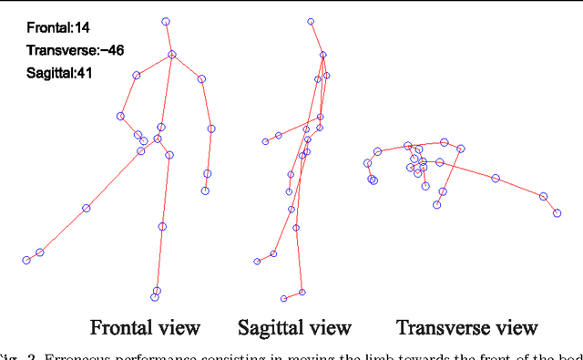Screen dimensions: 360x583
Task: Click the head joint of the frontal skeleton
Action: [x=166, y=21]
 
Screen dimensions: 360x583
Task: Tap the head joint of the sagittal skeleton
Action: [x=311, y=20]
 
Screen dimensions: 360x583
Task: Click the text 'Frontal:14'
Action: [x=56, y=29]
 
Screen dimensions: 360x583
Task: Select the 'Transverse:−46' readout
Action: [x=69, y=51]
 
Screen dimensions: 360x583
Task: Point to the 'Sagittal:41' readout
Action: [x=59, y=73]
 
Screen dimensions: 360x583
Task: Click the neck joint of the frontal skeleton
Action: [x=171, y=56]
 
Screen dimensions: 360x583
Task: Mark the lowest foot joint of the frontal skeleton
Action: [x=155, y=297]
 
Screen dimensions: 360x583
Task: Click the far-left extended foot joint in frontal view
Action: [x=26, y=261]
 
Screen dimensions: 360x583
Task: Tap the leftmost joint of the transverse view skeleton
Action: [x=367, y=164]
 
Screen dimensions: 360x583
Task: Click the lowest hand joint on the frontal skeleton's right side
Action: [x=205, y=190]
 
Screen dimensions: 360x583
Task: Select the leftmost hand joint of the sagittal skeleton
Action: [x=265, y=141]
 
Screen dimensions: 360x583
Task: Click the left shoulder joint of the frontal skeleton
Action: [x=137, y=76]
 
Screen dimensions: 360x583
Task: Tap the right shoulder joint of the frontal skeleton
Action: [x=201, y=79]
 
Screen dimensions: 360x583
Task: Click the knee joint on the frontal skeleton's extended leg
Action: [x=87, y=209]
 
